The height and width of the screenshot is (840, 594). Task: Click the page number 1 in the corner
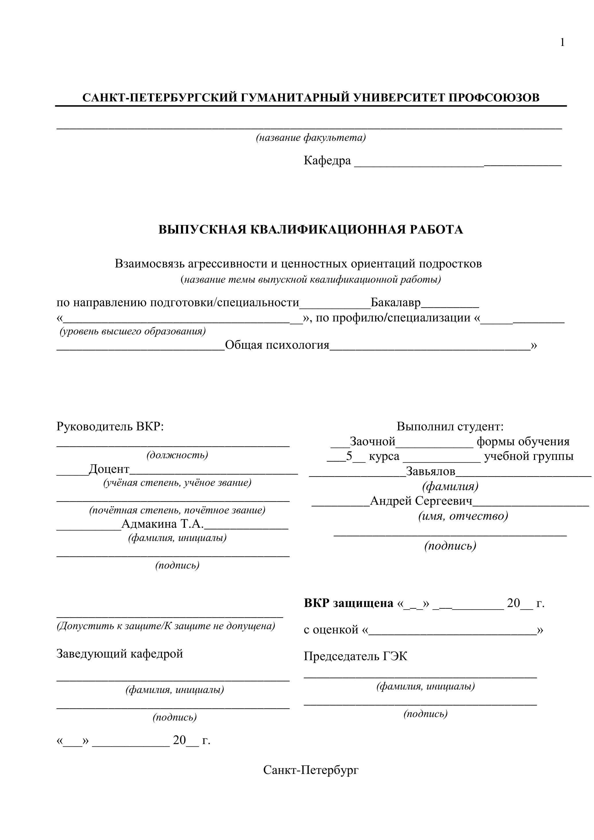[562, 43]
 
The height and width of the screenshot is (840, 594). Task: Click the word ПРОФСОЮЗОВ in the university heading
[494, 98]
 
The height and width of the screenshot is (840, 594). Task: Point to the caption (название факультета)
[310, 138]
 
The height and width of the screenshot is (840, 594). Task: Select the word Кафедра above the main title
[327, 161]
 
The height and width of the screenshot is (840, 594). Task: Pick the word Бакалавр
[396, 303]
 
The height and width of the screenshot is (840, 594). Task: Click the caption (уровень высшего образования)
[132, 331]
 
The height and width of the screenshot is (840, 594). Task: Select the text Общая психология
[277, 345]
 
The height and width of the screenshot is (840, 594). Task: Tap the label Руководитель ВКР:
[110, 427]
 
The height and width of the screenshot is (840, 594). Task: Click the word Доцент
[109, 469]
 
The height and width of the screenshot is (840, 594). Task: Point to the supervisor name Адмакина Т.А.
[162, 524]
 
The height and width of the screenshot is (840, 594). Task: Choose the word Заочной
[372, 442]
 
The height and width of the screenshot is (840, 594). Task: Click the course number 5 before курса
[349, 456]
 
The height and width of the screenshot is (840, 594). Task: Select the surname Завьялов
[431, 472]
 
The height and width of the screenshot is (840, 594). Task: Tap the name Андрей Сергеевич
[421, 501]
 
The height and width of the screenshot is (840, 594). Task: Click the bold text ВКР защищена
[348, 603]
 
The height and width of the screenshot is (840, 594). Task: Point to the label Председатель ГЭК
[355, 656]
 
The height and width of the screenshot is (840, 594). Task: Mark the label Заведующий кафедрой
[119, 654]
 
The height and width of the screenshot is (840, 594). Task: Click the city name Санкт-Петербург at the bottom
[310, 770]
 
